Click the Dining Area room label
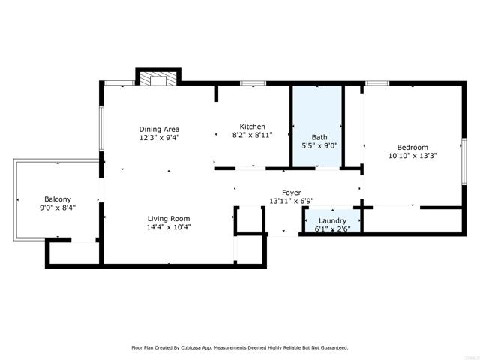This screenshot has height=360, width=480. click(x=159, y=129)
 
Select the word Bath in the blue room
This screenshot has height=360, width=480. click(x=319, y=137)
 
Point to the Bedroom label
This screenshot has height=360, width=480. click(x=412, y=148)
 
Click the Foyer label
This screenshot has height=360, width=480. click(x=291, y=193)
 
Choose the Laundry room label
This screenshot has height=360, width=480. click(x=330, y=220)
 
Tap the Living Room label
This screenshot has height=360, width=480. click(x=169, y=217)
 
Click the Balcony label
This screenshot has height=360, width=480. click(x=58, y=199)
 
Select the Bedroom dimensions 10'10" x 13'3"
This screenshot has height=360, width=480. click(x=412, y=156)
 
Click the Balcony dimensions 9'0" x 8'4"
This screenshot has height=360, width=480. click(x=58, y=208)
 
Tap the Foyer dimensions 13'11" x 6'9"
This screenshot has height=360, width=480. click(x=291, y=201)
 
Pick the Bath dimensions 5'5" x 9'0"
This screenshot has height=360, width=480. click(x=319, y=145)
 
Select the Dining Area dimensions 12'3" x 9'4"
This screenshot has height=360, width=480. click(x=159, y=138)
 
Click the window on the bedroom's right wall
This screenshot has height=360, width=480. click(x=464, y=160)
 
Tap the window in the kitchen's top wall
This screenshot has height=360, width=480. click(x=253, y=82)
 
